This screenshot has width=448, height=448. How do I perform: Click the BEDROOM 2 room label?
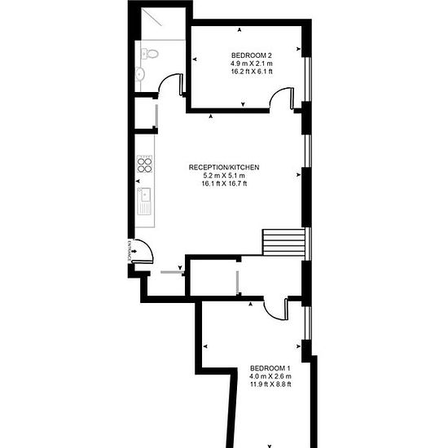click(252, 55)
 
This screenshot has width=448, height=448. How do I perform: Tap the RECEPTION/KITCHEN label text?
click(224, 168)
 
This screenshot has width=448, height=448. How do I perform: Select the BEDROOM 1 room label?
click(270, 368)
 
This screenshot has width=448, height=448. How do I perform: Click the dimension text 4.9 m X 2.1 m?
click(252, 64)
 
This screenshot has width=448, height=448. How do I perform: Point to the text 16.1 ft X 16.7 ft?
click(224, 184)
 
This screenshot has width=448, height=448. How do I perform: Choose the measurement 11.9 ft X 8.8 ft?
click(270, 384)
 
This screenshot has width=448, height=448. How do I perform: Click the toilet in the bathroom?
click(149, 54)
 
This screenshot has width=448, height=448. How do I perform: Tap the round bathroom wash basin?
click(140, 74)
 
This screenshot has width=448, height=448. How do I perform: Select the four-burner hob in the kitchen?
click(144, 164)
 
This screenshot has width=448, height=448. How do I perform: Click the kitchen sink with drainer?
click(144, 201)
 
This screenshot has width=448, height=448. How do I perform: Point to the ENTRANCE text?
click(130, 251)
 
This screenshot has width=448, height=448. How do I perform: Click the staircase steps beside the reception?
click(284, 242)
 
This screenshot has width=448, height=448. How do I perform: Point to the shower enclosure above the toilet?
click(164, 24)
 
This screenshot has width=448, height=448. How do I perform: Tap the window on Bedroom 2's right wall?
click(308, 80)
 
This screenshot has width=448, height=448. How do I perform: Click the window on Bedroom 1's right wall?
click(308, 323)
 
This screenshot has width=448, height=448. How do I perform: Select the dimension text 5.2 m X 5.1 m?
click(224, 176)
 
